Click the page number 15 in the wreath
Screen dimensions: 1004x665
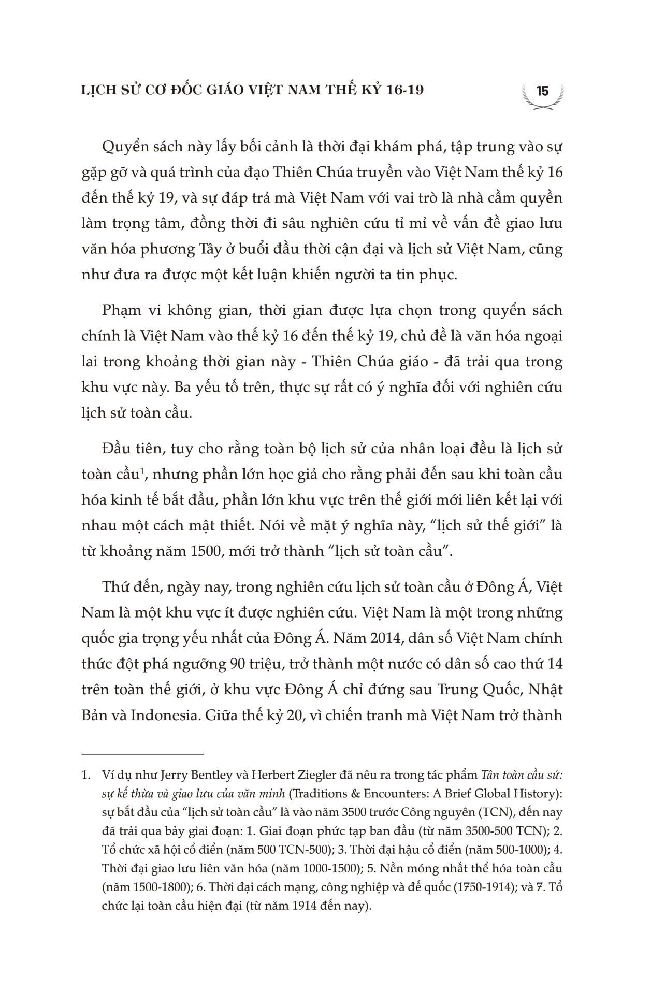click(x=542, y=92)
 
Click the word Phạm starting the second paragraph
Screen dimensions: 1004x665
click(x=122, y=311)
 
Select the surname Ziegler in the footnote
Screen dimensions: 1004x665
click(x=293, y=776)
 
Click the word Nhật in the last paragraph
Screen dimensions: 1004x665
click(x=547, y=690)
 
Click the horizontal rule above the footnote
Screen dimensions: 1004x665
click(x=143, y=754)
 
